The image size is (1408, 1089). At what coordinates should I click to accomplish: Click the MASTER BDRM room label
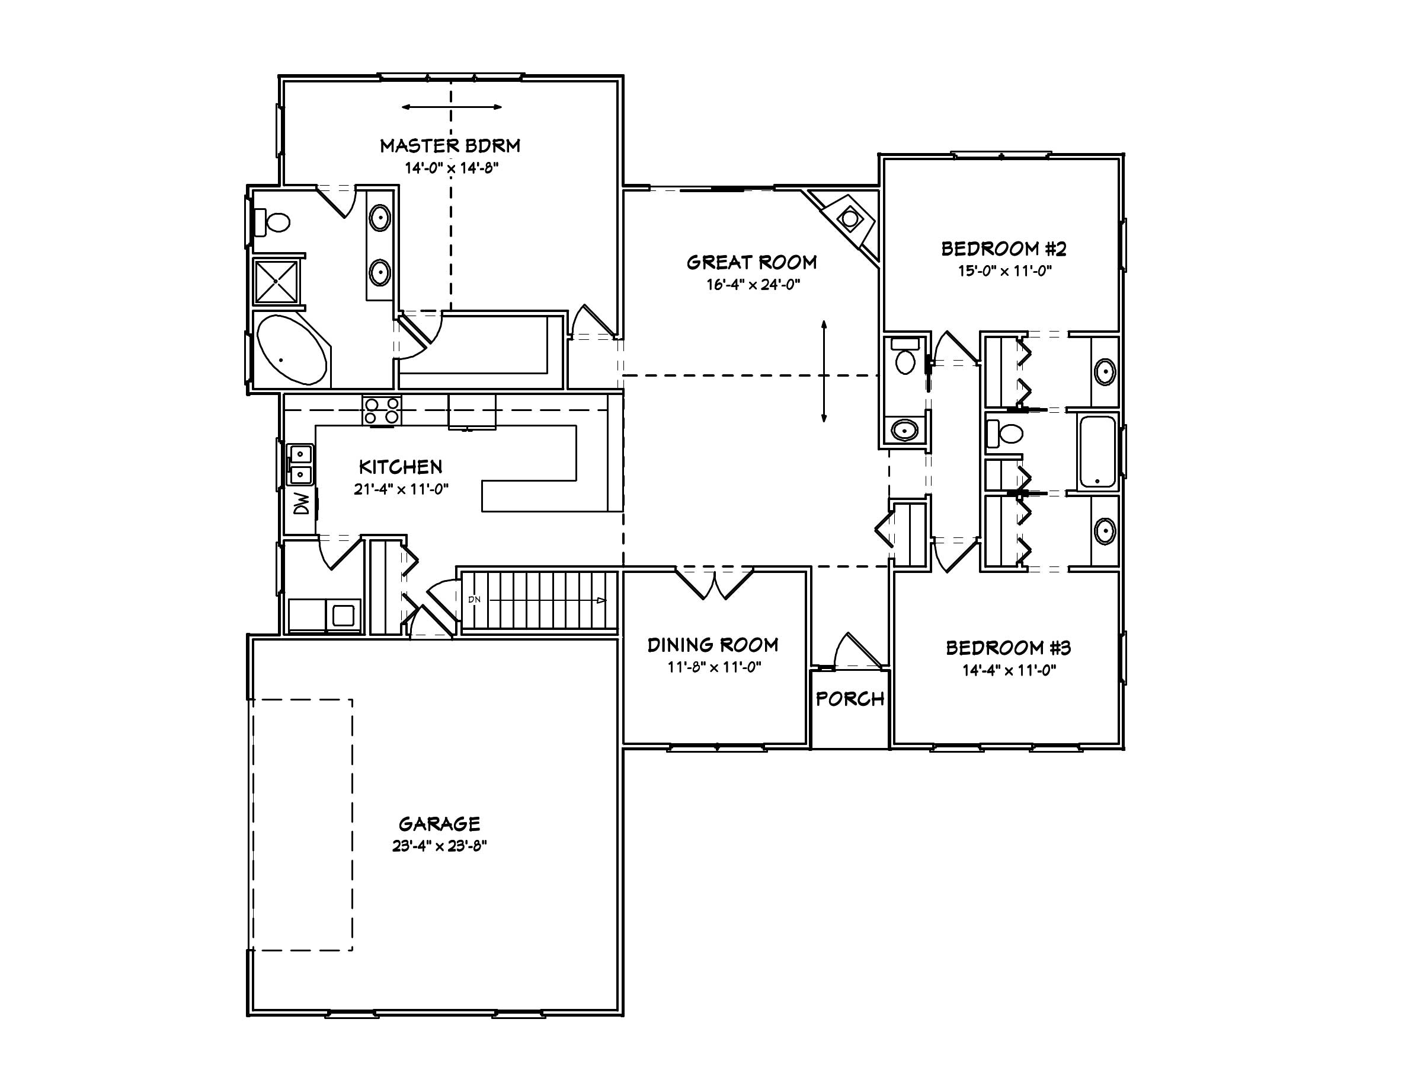click(450, 146)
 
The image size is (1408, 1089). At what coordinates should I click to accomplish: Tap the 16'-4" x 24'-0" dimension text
click(753, 285)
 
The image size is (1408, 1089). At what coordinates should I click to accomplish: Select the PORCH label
click(850, 699)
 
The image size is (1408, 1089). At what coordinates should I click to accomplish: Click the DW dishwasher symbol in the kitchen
click(301, 503)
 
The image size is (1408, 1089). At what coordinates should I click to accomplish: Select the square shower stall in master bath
click(276, 281)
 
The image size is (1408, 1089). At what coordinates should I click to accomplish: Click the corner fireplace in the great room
click(849, 219)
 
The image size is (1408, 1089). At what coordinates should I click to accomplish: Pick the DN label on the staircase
click(475, 599)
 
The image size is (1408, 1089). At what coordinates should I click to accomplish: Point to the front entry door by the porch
click(856, 652)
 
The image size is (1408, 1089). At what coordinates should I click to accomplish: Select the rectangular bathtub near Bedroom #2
click(1097, 451)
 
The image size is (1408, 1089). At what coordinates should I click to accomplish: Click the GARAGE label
click(439, 824)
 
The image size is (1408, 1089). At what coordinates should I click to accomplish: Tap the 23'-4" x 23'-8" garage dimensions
click(439, 846)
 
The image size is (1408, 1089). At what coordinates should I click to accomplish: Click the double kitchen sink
click(300, 464)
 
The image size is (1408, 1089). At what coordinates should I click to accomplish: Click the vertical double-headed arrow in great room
click(824, 372)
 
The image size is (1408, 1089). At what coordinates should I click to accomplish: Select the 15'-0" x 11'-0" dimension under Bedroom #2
click(1004, 271)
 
